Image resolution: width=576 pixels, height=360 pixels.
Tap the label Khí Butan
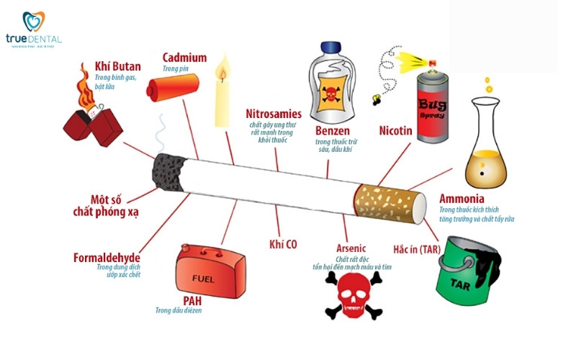coord(117,67)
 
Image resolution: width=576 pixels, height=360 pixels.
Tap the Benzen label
coord(333,131)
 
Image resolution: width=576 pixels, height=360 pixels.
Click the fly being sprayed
coord(378,97)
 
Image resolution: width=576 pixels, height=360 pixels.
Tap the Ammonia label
coord(462,199)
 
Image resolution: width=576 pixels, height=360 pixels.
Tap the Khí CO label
coord(283,244)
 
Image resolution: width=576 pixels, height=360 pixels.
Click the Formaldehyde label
coord(107,258)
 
